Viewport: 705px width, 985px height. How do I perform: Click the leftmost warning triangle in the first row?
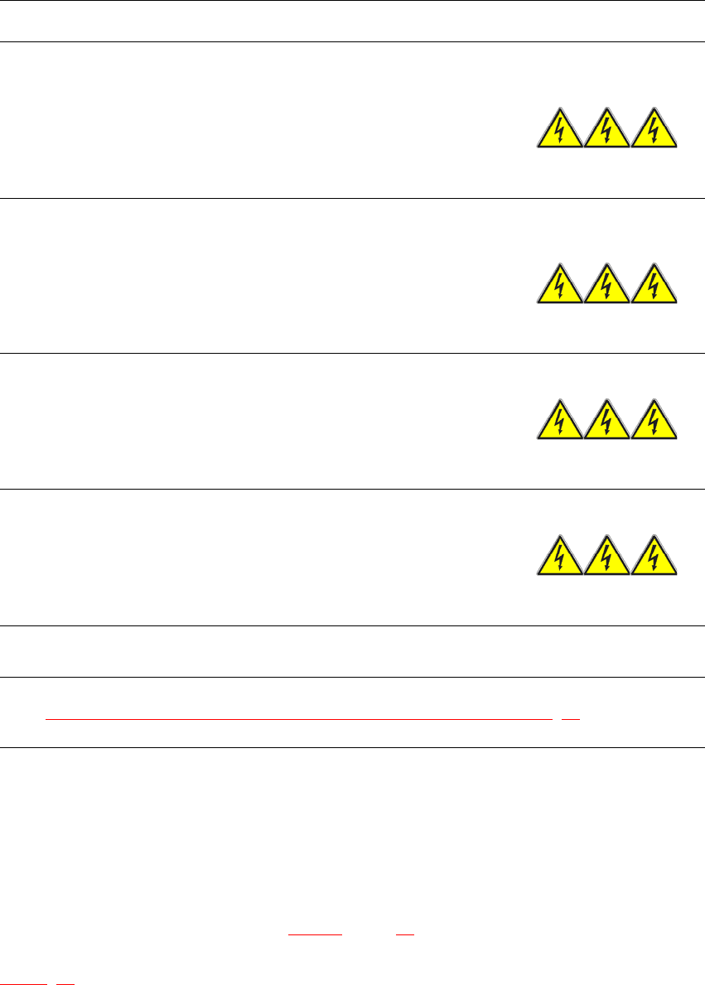coord(560,131)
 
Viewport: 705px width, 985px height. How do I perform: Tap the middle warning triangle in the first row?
coord(607,131)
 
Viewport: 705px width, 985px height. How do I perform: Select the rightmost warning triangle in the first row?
coord(654,131)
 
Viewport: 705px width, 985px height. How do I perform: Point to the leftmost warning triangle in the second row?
coord(560,287)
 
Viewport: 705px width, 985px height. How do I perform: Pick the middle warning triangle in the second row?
coord(607,287)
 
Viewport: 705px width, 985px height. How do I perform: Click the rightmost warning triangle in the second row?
coord(654,287)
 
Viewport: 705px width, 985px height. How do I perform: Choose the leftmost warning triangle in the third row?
coord(560,422)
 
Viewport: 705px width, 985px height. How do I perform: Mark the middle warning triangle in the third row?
coord(607,422)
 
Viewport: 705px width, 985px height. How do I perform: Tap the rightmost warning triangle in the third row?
coord(654,422)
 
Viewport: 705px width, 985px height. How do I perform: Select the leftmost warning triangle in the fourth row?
coord(560,558)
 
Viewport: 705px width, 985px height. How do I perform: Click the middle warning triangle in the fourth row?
coord(607,558)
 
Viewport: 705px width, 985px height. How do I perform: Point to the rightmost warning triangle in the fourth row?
coord(654,558)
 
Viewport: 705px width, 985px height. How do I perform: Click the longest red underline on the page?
coord(298,718)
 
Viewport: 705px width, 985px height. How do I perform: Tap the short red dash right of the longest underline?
coord(571,718)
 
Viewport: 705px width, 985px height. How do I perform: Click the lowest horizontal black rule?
coord(352,748)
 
